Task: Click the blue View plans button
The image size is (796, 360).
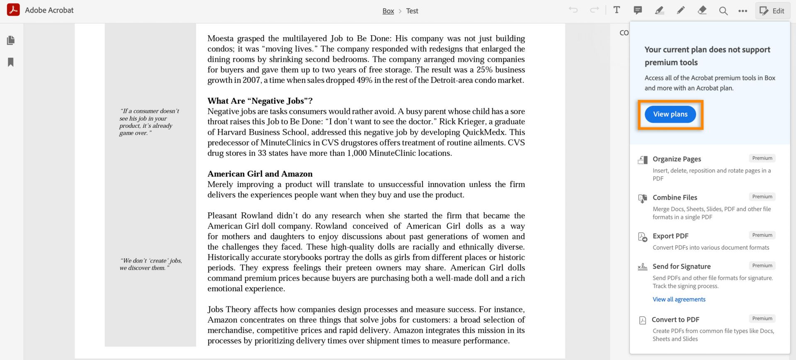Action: click(670, 114)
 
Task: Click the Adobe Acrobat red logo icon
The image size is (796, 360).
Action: click(13, 10)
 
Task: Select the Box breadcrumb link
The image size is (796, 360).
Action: click(388, 11)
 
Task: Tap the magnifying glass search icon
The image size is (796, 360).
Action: click(723, 11)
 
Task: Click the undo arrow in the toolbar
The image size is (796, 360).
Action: click(573, 10)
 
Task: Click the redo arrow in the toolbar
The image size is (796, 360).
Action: click(594, 10)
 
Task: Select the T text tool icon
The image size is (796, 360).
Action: click(616, 10)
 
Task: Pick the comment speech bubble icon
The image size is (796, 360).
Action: click(638, 10)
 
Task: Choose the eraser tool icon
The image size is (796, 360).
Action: click(702, 10)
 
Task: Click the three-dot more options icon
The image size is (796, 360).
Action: click(743, 11)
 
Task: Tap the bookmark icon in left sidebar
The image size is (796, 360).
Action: click(11, 62)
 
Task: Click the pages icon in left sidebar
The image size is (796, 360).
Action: click(11, 40)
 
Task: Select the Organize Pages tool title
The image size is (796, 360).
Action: click(677, 159)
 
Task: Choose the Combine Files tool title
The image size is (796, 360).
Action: click(675, 198)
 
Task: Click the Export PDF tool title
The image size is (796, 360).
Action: click(670, 236)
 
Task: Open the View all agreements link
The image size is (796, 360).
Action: click(679, 299)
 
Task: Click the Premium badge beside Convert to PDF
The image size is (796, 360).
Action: click(762, 319)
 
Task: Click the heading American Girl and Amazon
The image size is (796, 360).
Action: click(260, 174)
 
